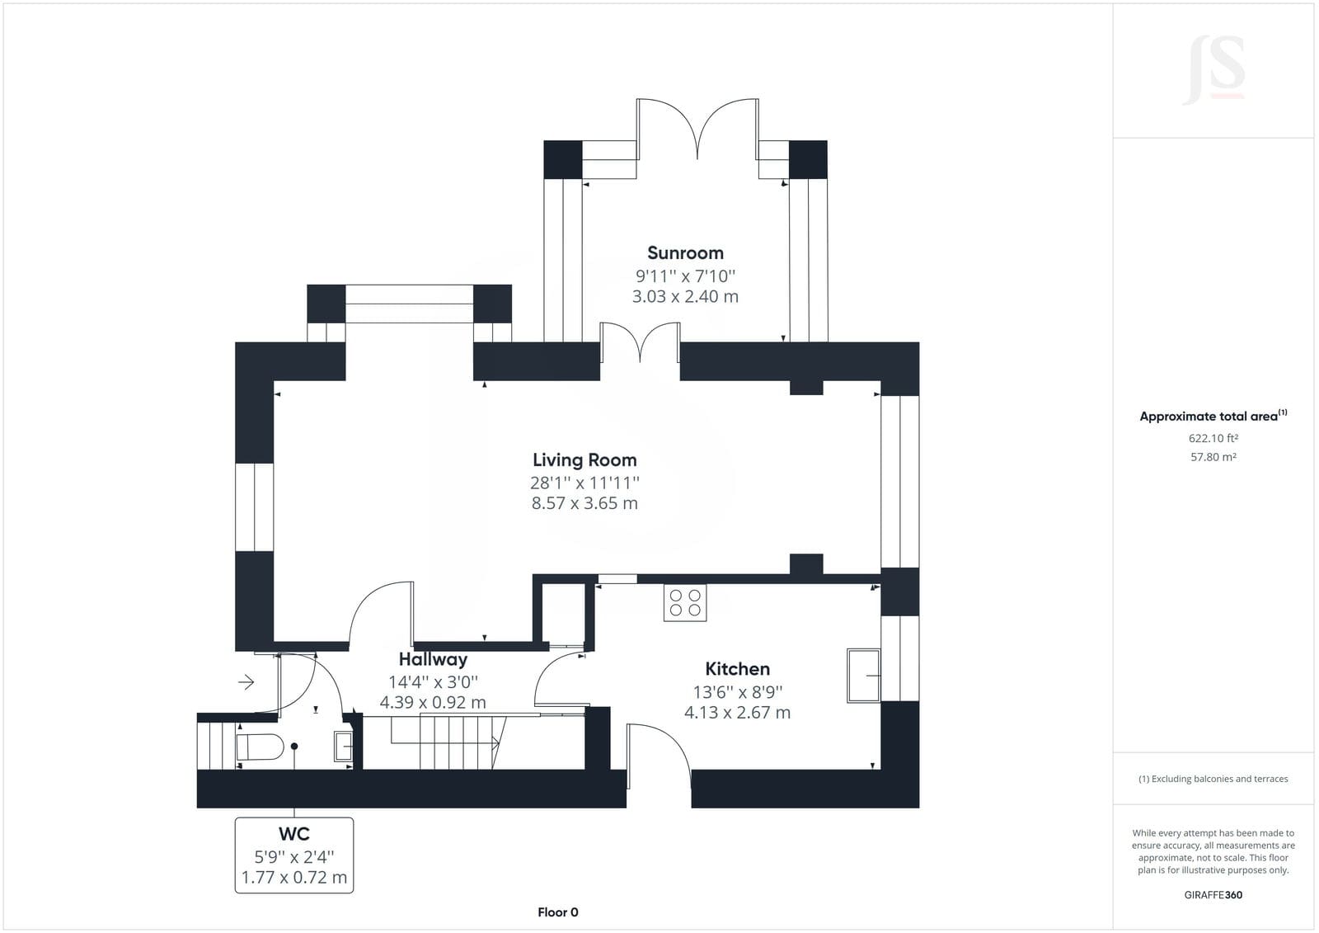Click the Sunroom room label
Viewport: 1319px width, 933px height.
click(x=685, y=253)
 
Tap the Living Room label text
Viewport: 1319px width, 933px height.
click(x=584, y=459)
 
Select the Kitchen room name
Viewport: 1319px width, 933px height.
click(x=737, y=669)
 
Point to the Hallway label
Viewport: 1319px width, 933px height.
click(x=433, y=659)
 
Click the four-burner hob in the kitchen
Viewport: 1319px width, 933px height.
click(x=685, y=602)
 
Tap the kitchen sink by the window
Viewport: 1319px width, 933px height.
click(x=863, y=676)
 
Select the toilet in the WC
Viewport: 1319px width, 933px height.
click(x=260, y=747)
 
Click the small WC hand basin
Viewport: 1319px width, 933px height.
click(x=343, y=747)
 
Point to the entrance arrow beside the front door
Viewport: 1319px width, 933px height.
click(x=246, y=682)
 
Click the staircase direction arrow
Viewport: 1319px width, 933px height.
click(x=445, y=744)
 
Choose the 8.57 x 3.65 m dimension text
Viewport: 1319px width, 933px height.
click(x=584, y=502)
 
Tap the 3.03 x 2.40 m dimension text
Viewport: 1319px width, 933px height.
click(x=685, y=296)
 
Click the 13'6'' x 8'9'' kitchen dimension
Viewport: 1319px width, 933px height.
click(x=737, y=691)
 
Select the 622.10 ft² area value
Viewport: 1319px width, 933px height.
click(x=1213, y=438)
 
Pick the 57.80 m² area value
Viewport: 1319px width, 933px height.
click(x=1213, y=457)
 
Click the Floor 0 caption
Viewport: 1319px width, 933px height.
click(x=557, y=912)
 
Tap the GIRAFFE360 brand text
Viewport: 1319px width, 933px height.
click(x=1213, y=895)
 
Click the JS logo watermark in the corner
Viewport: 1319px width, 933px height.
click(x=1213, y=69)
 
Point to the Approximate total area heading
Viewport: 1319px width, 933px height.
click(x=1213, y=416)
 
